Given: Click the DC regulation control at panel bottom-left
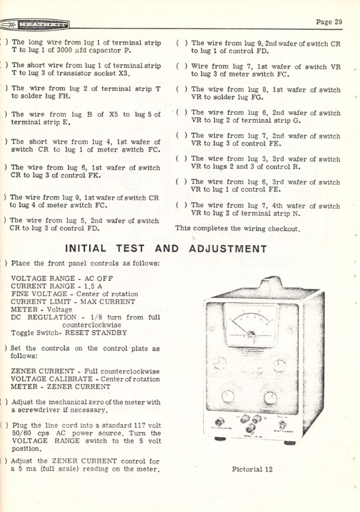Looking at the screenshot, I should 221,423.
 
